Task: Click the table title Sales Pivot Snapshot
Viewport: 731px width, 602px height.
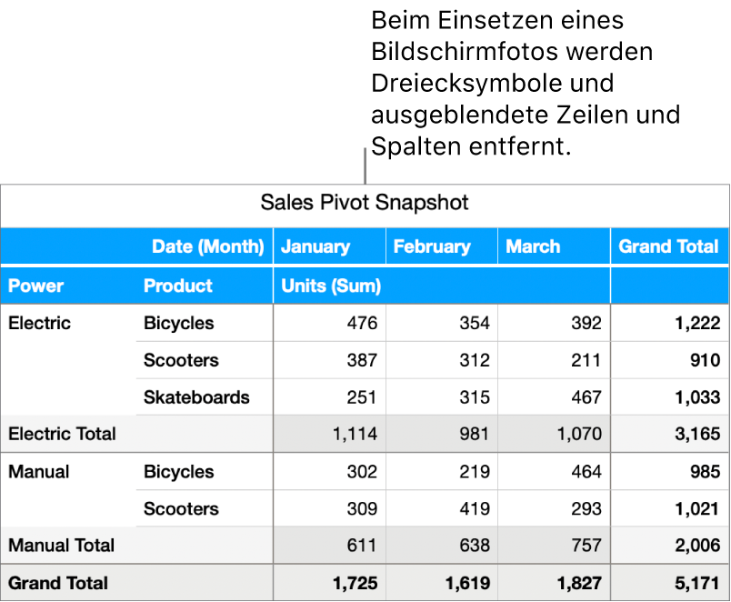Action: pyautogui.click(x=365, y=202)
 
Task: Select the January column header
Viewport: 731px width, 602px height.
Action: pyautogui.click(x=315, y=246)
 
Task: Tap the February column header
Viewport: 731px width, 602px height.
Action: pyautogui.click(x=432, y=246)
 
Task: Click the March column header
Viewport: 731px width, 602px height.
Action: pyautogui.click(x=533, y=246)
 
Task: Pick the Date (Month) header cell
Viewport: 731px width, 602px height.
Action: pyautogui.click(x=207, y=246)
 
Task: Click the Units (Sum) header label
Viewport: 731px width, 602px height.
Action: pyautogui.click(x=331, y=286)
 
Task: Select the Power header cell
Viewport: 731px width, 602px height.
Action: pyautogui.click(x=36, y=286)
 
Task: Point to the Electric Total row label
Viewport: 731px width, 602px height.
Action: pyautogui.click(x=62, y=434)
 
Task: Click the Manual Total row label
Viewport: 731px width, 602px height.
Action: pyautogui.click(x=62, y=546)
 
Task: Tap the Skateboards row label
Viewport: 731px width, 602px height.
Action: pyautogui.click(x=196, y=397)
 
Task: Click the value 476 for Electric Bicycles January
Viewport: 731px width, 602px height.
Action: pyautogui.click(x=361, y=323)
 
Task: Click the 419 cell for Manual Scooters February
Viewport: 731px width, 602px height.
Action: pyautogui.click(x=474, y=508)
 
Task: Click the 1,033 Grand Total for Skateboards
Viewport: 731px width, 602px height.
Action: pyautogui.click(x=697, y=397)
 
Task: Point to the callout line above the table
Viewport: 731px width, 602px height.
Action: pyautogui.click(x=365, y=166)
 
